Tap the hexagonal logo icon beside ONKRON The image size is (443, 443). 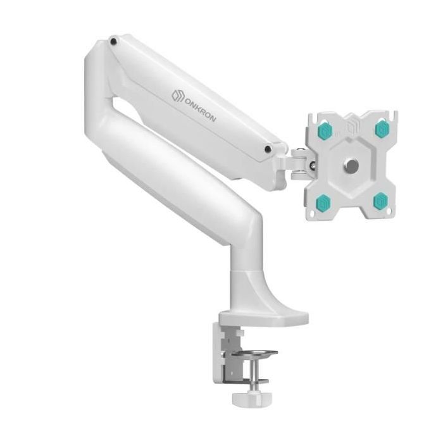click(178, 95)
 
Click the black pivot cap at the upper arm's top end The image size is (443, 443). click(113, 41)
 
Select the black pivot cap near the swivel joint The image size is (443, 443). click(267, 149)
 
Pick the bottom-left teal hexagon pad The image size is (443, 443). click(323, 201)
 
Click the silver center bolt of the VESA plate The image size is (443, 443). click(351, 165)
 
